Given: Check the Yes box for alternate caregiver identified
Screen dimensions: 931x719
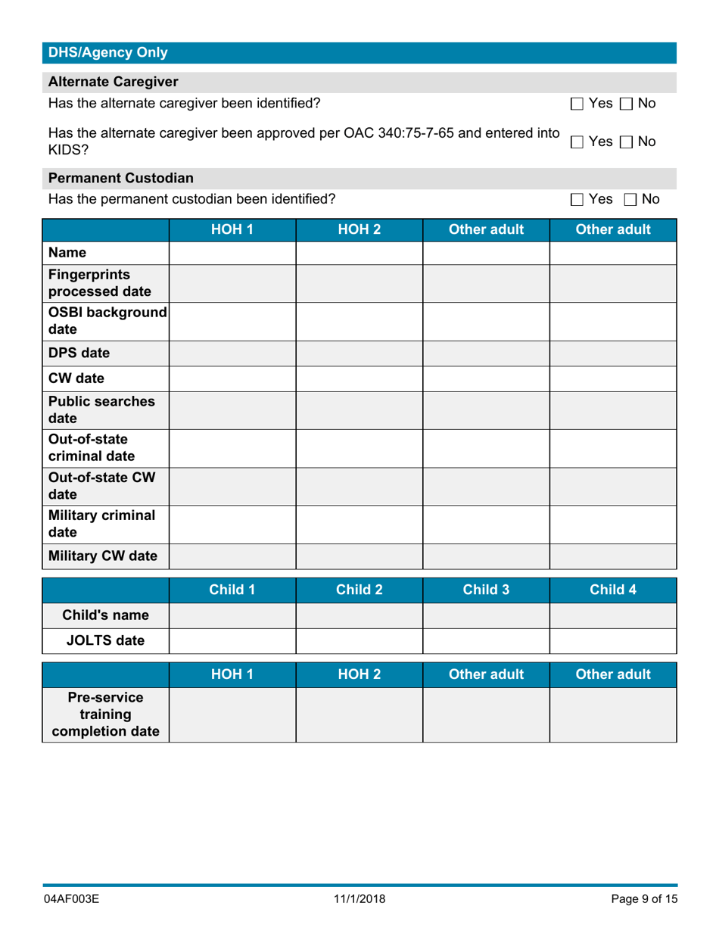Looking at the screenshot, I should pyautogui.click(x=577, y=103).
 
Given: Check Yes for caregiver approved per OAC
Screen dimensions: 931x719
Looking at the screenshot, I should pyautogui.click(x=577, y=142).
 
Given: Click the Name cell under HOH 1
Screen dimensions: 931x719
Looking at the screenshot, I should pyautogui.click(x=232, y=253).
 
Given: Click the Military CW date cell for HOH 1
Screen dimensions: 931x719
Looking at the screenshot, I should pyautogui.click(x=232, y=557).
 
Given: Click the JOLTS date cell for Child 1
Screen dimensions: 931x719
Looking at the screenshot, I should pyautogui.click(x=232, y=640).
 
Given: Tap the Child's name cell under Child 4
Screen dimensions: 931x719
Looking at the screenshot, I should pyautogui.click(x=612, y=615).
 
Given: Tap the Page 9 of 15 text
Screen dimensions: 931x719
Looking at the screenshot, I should pyautogui.click(x=643, y=899).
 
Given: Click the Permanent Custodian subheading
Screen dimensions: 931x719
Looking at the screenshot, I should pyautogui.click(x=120, y=177).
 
